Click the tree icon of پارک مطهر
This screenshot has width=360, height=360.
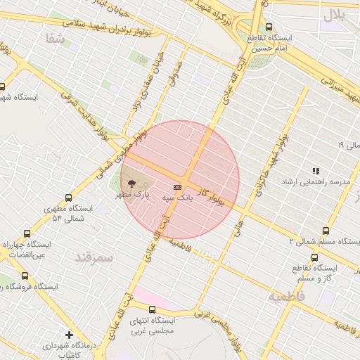134,183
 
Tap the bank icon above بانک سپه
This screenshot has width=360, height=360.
177,188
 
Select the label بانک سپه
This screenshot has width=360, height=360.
177,199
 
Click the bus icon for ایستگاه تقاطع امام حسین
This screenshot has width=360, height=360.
269,27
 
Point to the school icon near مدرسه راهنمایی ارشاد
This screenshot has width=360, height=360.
316,171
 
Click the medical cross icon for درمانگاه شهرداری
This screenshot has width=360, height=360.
69,335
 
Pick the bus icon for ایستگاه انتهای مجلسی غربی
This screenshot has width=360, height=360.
152,309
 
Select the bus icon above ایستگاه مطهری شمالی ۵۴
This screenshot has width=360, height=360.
68,198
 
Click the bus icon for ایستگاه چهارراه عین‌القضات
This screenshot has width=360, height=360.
27,233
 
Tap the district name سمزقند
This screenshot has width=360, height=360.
94,257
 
